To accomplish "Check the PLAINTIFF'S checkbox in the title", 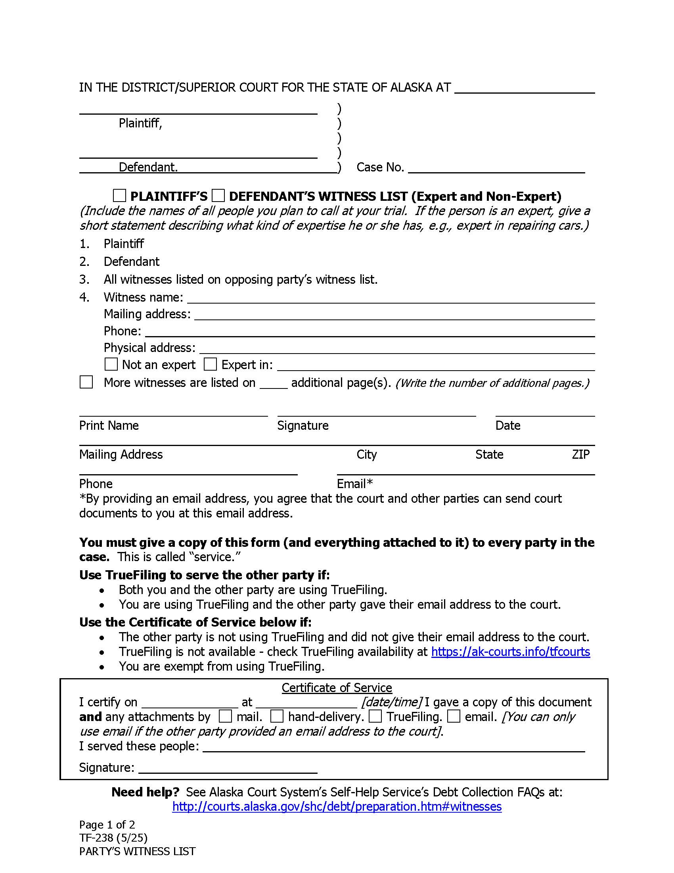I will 119,196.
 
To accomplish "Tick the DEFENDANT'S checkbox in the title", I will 218,196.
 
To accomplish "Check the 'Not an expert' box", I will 111,364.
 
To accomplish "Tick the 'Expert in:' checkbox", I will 210,364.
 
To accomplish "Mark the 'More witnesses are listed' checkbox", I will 86,382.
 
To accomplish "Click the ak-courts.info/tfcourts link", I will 510,652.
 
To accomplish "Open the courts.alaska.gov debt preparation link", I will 337,806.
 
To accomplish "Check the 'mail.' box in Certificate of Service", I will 225,716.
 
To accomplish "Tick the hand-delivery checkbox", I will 277,716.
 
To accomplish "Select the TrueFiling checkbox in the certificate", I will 375,716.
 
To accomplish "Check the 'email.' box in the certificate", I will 454,716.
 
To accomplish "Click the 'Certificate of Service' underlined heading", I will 337,688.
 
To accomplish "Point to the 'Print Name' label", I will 109,425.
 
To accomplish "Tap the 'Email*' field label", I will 354,484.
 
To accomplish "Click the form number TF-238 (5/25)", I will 113,838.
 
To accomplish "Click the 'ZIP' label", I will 580,454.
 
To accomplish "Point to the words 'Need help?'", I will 146,792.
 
